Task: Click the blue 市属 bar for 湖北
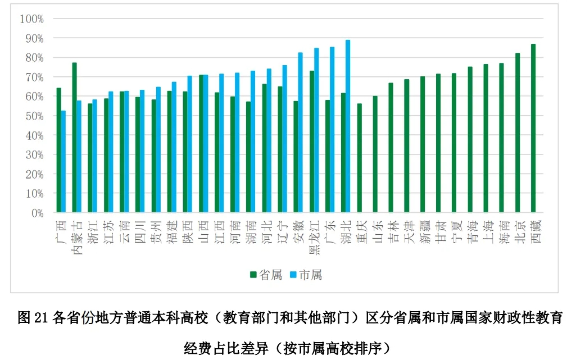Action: pos(348,126)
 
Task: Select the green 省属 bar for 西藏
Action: pos(533,129)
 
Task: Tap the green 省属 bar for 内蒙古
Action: pos(74,138)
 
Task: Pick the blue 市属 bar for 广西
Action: pos(63,162)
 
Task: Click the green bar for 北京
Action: pos(518,133)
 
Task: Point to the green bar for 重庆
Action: pos(360,158)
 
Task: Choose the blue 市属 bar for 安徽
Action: pos(300,133)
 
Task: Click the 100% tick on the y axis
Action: pos(31,19)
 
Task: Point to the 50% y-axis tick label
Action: pos(33,116)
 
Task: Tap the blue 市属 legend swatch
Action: pos(293,275)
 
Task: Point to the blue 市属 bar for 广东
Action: pos(332,130)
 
